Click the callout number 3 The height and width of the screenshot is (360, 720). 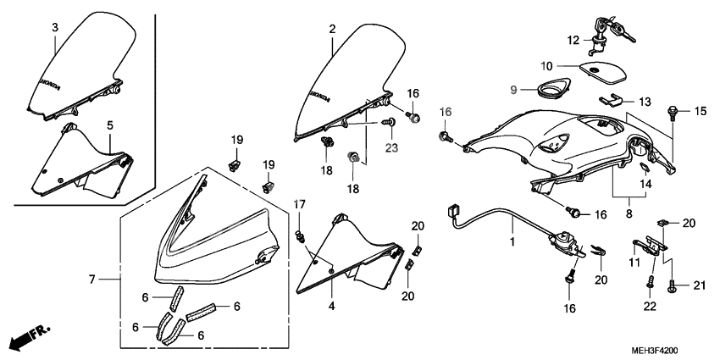click(54, 28)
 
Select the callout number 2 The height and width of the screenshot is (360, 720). click(332, 30)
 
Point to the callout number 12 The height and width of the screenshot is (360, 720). click(573, 39)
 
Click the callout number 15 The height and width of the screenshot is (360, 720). click(701, 112)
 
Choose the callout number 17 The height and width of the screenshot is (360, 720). click(299, 205)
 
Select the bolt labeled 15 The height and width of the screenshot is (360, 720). click(673, 110)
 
